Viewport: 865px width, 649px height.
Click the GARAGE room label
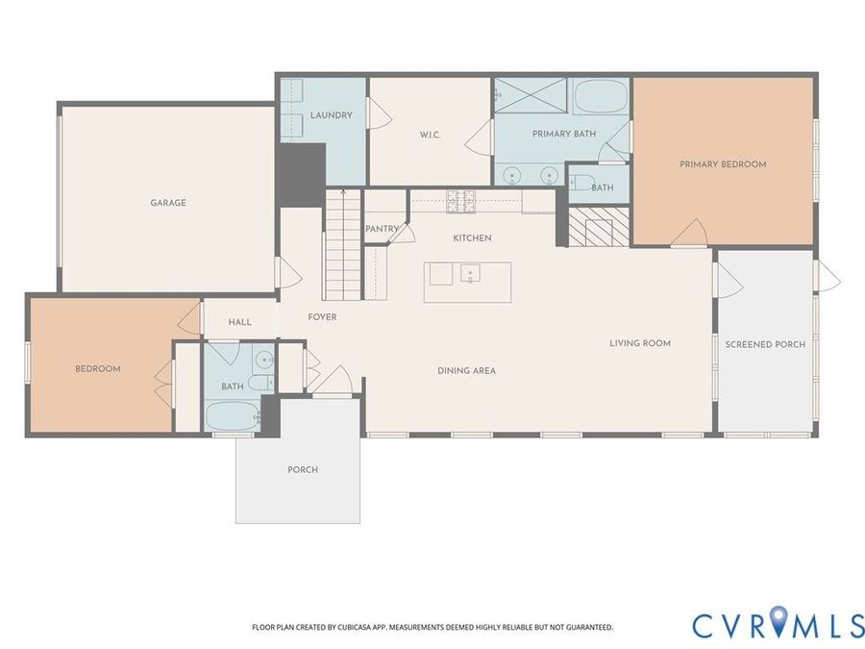tap(168, 203)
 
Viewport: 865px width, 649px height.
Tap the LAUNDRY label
tap(331, 114)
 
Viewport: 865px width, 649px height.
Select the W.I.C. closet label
tap(431, 135)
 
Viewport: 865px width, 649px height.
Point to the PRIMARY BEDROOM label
tap(723, 163)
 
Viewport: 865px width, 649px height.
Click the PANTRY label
tap(382, 229)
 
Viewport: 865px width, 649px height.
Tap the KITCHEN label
tap(472, 237)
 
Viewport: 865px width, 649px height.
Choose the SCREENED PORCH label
tap(765, 344)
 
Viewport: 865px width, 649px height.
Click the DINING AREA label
tap(467, 371)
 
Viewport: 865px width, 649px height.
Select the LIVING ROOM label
tap(640, 343)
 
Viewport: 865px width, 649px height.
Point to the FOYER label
tap(322, 317)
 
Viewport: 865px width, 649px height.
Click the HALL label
tap(240, 322)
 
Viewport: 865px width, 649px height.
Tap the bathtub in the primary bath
tap(601, 96)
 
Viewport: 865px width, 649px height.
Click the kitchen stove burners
tap(460, 201)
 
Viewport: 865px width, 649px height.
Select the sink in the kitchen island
tap(470, 273)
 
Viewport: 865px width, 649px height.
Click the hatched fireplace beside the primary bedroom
tap(599, 226)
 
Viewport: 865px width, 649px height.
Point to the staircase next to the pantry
tap(342, 245)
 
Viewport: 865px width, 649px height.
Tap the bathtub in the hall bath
tap(233, 416)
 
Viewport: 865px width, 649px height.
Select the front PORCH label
tap(303, 469)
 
